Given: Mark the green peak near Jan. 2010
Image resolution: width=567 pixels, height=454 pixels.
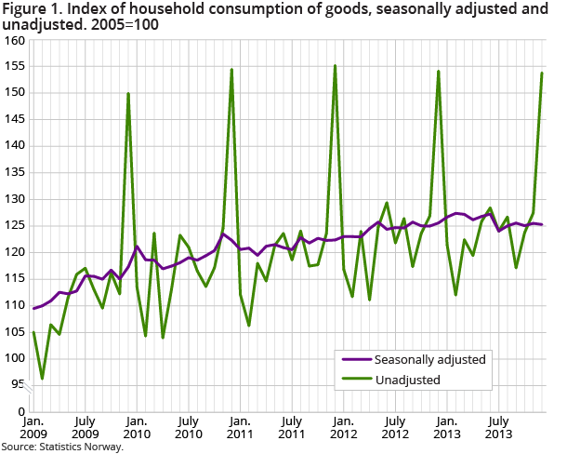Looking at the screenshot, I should tap(128, 94).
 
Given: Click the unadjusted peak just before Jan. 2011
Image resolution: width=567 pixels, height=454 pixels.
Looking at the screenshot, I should tap(231, 70).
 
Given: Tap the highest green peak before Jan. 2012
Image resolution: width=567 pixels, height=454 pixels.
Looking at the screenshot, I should tap(335, 66).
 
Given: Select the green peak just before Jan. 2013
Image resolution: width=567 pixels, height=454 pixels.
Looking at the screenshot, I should tap(438, 72).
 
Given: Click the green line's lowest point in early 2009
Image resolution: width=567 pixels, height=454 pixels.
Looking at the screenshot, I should tap(42, 379).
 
